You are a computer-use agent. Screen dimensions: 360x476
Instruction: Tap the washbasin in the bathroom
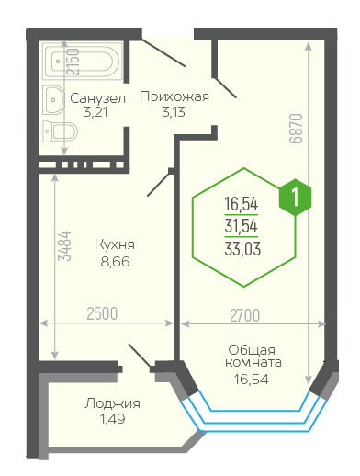coord(53,99)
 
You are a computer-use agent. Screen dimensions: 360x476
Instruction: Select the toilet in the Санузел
coord(60,131)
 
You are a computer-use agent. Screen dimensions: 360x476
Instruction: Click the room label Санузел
coord(97,98)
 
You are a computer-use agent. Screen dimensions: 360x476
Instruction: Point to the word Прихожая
coord(174,96)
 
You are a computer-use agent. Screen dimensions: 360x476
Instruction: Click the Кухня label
coord(115,244)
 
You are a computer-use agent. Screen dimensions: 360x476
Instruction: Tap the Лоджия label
coord(112,403)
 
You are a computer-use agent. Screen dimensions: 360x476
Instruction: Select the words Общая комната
coord(253,356)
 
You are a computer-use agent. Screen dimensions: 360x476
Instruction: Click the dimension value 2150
coord(73,62)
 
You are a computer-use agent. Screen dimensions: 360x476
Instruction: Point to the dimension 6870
coord(296,129)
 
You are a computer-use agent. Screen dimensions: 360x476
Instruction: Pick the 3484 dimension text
coord(65,246)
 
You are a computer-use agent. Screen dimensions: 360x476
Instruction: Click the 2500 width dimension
coord(102,313)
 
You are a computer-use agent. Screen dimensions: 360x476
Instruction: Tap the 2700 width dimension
coord(245,315)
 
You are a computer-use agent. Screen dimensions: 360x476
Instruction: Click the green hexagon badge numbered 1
coord(295,198)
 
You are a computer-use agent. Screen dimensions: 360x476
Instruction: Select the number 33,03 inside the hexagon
coord(242,248)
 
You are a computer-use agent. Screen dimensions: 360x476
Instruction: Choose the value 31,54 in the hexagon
coord(242,226)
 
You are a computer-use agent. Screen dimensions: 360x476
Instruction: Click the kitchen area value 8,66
coord(115,262)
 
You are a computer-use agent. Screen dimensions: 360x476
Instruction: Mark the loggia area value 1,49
coord(112,419)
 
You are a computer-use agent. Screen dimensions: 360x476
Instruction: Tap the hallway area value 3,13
coord(174,112)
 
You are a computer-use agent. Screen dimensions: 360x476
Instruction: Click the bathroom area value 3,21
coord(96,113)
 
